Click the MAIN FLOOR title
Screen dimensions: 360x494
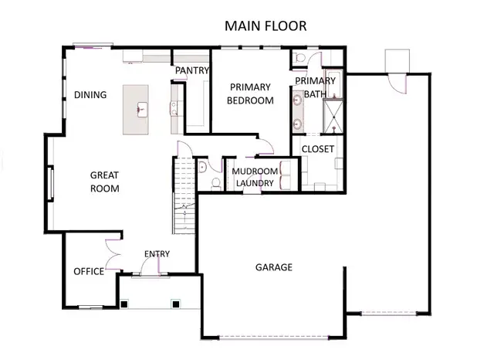(x=265, y=25)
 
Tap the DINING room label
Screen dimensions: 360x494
(x=90, y=95)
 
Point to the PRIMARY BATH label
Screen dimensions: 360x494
(x=315, y=87)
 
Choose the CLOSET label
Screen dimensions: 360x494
(x=317, y=149)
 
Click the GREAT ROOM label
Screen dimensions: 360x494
(x=104, y=182)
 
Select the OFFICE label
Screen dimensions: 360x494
(x=88, y=271)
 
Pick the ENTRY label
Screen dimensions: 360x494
(x=157, y=254)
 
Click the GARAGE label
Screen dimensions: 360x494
(x=274, y=267)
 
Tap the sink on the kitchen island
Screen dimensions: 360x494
(x=142, y=108)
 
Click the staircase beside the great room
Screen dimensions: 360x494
(x=183, y=197)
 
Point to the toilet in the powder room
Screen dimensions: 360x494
(x=214, y=182)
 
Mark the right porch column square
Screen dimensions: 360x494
(x=178, y=303)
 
